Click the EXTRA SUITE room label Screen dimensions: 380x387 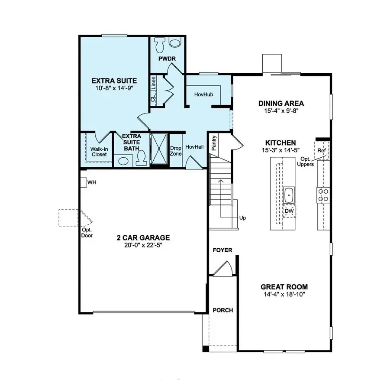tap(114, 81)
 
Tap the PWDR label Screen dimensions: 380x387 tap(166, 58)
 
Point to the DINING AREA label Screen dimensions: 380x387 tap(281, 104)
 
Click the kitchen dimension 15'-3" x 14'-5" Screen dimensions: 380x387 tap(281, 150)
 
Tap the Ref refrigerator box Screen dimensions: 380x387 tap(321, 150)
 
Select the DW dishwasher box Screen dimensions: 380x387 tap(289, 211)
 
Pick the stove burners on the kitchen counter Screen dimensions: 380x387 tap(323, 195)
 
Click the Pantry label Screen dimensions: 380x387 tap(213, 143)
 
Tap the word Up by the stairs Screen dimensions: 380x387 tap(242, 218)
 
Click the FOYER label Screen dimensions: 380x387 tap(222, 250)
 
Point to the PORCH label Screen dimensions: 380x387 tap(223, 310)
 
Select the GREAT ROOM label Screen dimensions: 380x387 tap(284, 286)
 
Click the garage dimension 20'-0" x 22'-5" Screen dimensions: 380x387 tap(143, 245)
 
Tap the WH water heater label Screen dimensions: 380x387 tap(92, 183)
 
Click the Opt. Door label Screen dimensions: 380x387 tap(87, 233)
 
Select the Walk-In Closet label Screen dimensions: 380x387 tap(99, 151)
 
